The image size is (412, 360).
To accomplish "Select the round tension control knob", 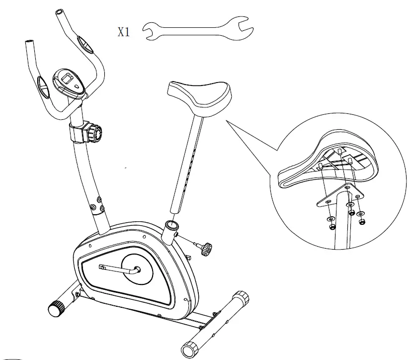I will (x=96, y=132).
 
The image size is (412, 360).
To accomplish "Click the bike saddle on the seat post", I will (x=199, y=97).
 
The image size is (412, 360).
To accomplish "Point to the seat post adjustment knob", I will (x=204, y=247).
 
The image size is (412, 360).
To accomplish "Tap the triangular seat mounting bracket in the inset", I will (x=338, y=196).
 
